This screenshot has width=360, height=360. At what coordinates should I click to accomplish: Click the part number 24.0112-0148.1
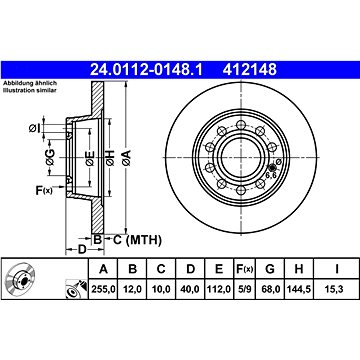(x=146, y=70)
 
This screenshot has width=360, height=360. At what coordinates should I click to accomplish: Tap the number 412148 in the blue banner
(x=250, y=70)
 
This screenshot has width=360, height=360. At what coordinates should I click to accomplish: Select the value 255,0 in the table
(x=103, y=289)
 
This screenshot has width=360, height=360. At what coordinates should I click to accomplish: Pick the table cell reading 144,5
(x=298, y=289)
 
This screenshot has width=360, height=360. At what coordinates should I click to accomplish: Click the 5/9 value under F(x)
(x=244, y=289)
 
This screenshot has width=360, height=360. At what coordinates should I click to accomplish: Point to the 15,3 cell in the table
(x=337, y=289)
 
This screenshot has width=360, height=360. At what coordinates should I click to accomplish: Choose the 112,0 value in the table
(x=218, y=289)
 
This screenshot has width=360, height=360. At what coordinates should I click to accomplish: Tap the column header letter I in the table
(x=337, y=269)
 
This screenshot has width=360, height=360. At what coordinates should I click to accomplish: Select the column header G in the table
(x=269, y=269)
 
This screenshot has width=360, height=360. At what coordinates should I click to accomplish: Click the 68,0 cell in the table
(x=270, y=289)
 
